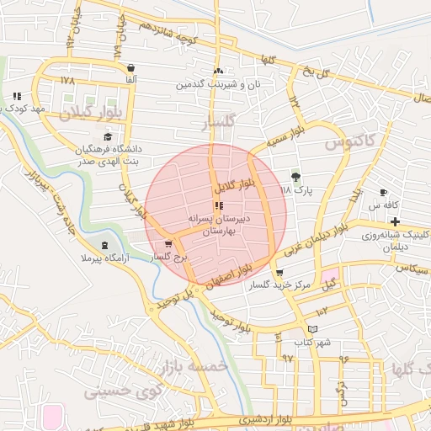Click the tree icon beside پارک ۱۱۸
(x=295, y=176)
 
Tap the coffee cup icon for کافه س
(x=384, y=192)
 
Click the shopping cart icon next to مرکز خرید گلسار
(x=279, y=272)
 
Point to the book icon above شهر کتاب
(x=313, y=329)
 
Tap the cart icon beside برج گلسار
(x=170, y=244)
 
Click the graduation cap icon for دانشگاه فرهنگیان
(x=108, y=136)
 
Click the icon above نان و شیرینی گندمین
(x=220, y=72)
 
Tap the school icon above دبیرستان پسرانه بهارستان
(x=219, y=205)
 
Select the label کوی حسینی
(x=116, y=391)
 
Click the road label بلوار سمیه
(x=285, y=136)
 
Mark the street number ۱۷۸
(x=67, y=80)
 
